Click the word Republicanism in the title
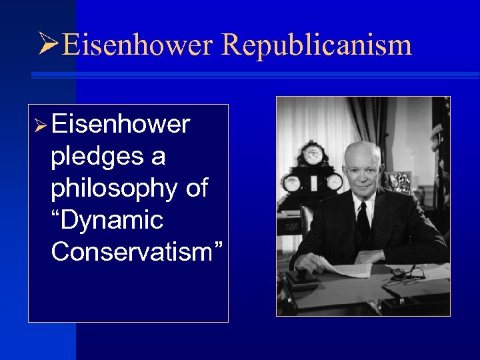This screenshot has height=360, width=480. coord(316,45)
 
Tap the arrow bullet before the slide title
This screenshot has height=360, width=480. coord(49,45)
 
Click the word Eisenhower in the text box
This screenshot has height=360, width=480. coord(121,125)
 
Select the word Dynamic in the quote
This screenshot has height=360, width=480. coord(107,220)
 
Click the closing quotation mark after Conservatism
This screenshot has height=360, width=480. coord(219,247)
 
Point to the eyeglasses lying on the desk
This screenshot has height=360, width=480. coord(405,273)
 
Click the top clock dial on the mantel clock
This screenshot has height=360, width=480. coord(312,155)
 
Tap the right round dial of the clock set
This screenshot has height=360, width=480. coord(333,181)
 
